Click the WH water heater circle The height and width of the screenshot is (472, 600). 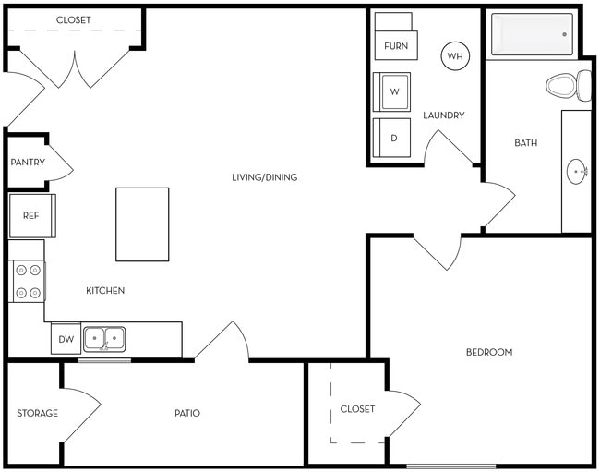coord(455,56)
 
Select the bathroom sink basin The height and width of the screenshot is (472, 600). coord(578,171)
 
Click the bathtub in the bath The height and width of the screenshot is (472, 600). coord(532,34)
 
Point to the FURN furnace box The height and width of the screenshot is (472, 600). coord(395,44)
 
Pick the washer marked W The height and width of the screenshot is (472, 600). coord(392,91)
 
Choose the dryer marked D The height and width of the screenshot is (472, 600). coord(392,139)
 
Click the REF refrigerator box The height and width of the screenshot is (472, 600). coord(31,215)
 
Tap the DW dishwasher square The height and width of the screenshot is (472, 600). coord(66,340)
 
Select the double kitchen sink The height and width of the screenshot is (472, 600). coord(104,339)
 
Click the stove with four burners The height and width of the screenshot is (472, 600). coord(28,281)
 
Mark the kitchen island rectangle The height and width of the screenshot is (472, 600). coord(142,224)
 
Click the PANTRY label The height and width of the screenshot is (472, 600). coord(28,163)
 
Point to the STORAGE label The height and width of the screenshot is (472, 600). coord(37,413)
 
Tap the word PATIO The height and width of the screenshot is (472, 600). coord(187,413)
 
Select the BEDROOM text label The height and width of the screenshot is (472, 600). coord(488,352)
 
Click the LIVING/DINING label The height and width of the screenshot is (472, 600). coord(264,177)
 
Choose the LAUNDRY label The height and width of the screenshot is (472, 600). coord(444,115)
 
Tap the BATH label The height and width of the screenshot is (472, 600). coord(525,143)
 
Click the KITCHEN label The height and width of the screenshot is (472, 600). coord(105,291)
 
